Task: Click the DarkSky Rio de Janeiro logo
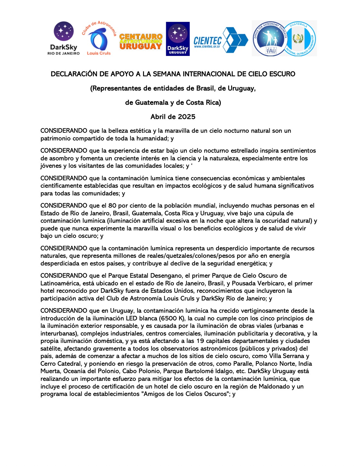tap(64, 38)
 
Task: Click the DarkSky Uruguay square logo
tap(178, 39)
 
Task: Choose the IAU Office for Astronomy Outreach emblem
tap(269, 39)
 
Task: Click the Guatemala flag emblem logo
tap(300, 39)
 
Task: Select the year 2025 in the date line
tap(186, 117)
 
